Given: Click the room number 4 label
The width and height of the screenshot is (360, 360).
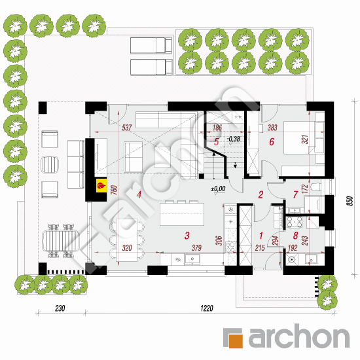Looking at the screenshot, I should coord(139,194).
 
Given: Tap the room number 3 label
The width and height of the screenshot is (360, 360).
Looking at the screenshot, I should coord(187,236).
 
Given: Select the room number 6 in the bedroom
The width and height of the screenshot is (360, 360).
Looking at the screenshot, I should coord(270,141).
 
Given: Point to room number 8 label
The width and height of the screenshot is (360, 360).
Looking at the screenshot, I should coord(296,236).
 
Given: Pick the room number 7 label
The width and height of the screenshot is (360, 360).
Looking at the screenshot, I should coord(295,194).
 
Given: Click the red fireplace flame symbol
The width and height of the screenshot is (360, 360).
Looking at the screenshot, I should coord(100,186).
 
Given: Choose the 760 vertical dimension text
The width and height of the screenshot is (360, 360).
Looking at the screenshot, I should coord(113,191).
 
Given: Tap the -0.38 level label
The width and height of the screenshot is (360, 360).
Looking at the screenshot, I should coord(233,139).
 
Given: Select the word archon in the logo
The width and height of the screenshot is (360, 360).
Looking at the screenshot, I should coord(297,338).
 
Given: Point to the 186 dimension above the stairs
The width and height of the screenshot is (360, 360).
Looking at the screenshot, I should coord(217,128).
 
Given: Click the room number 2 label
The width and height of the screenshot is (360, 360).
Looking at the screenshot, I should coord(260,194).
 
